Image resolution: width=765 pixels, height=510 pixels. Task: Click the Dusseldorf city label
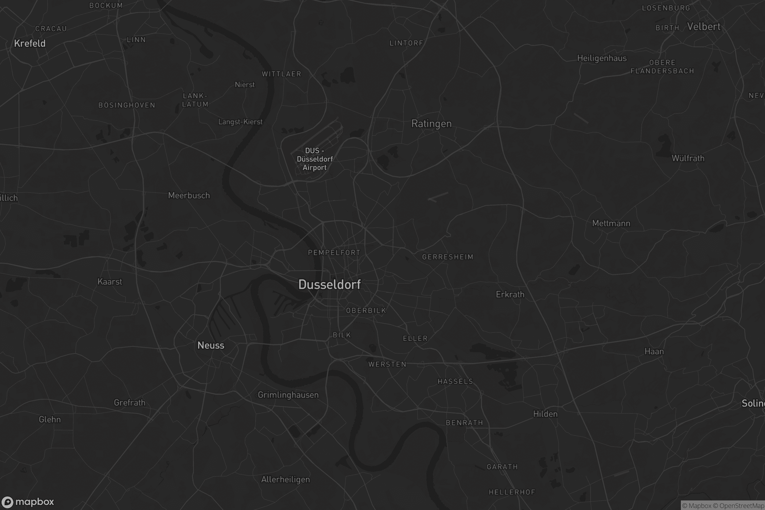coord(330,285)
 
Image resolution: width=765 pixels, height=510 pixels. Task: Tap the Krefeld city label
coord(30,43)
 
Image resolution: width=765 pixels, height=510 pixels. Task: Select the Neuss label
coord(211,345)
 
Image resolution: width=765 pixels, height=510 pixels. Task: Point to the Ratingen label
coord(431,124)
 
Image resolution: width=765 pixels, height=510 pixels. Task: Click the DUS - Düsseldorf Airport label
coord(315,159)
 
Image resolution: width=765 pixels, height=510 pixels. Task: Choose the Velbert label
coord(703,27)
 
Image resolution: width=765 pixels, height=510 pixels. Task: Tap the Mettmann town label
coord(611,223)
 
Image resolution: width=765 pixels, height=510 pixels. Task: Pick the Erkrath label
coord(510,295)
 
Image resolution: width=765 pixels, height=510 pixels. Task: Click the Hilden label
coord(545,414)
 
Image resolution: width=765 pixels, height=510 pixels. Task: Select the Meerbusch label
coord(189,195)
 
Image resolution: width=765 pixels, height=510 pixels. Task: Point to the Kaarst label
coord(110,282)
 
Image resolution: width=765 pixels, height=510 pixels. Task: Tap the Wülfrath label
coord(688,158)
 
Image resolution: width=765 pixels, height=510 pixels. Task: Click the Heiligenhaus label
coord(602,58)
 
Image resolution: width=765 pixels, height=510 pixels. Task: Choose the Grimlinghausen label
coord(288,395)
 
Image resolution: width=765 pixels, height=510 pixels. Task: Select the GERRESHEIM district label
coord(448,257)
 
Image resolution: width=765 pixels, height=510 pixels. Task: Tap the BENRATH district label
coord(464,423)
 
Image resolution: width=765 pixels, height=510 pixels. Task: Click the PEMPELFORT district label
coord(334,253)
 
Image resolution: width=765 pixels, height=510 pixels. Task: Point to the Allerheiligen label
coord(286,480)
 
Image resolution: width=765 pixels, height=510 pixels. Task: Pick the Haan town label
coord(654,352)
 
